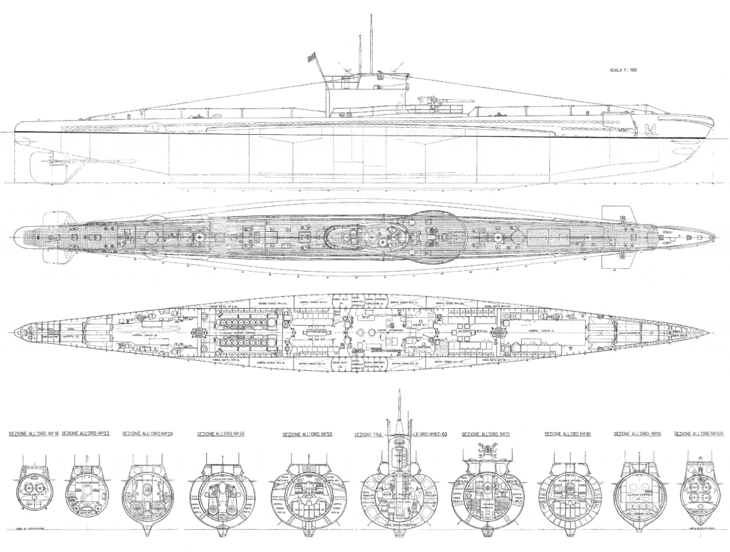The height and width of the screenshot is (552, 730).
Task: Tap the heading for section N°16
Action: click(32, 434)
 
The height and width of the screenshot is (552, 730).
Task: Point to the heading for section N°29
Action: click(148, 434)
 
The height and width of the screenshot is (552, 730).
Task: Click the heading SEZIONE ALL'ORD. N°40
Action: click(221, 434)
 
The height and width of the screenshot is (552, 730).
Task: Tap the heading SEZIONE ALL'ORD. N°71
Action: click(485, 434)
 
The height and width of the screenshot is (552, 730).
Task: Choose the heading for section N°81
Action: click(567, 434)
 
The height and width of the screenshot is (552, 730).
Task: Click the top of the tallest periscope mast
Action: click(371, 16)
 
